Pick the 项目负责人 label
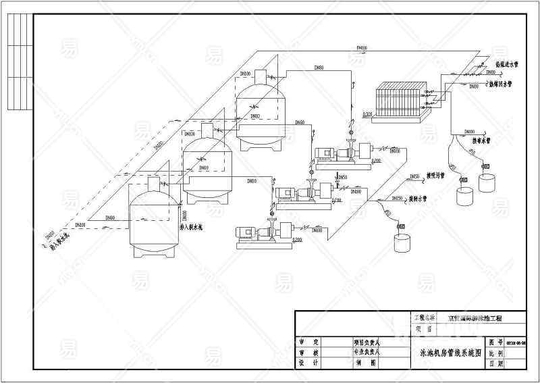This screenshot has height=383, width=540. click(x=368, y=342)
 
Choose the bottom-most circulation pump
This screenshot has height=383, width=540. click(x=264, y=233)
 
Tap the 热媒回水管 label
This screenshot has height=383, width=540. click(x=503, y=85)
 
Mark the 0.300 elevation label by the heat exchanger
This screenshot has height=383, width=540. click(x=368, y=115)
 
